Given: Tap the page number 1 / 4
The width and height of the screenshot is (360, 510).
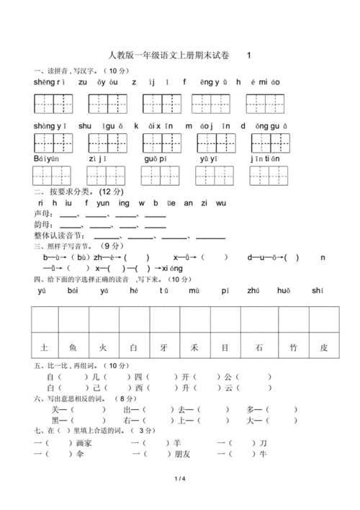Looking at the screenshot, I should tap(179, 479).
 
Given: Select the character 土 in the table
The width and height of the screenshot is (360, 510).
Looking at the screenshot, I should tap(45, 347).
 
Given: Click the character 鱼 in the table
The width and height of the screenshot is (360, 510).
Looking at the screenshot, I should tap(73, 347).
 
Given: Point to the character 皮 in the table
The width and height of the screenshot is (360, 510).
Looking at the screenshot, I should tap(323, 347).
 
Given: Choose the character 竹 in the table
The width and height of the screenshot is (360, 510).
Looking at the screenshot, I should tap(292, 347).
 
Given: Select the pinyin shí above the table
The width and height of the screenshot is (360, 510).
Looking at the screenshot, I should tap(318, 291).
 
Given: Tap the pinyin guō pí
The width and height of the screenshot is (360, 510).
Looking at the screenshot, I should tap(155, 158).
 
